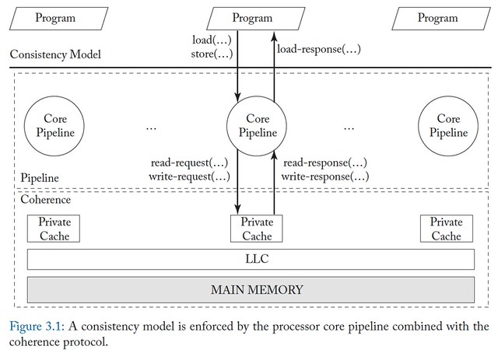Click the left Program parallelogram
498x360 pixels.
click(56, 18)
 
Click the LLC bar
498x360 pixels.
click(251, 259)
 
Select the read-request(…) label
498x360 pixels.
click(190, 163)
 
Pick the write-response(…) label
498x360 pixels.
click(325, 177)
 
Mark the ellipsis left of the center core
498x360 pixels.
click(152, 126)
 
